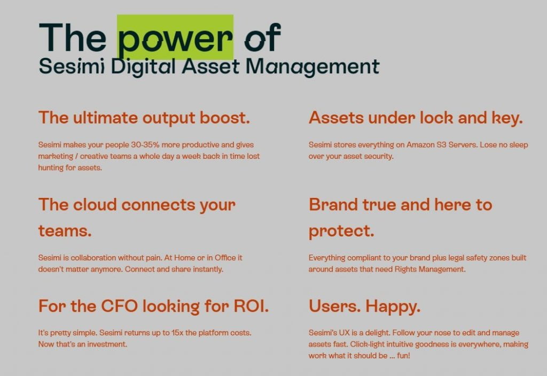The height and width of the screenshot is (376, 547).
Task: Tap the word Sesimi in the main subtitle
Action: [72, 66]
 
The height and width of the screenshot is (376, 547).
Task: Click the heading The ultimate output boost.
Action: [144, 118]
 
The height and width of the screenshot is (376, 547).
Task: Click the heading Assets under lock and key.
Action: [416, 118]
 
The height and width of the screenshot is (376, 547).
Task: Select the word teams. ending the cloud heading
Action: [65, 231]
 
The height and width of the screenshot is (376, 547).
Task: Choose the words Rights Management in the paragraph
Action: [430, 270]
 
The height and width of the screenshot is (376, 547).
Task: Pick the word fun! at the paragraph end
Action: [403, 356]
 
